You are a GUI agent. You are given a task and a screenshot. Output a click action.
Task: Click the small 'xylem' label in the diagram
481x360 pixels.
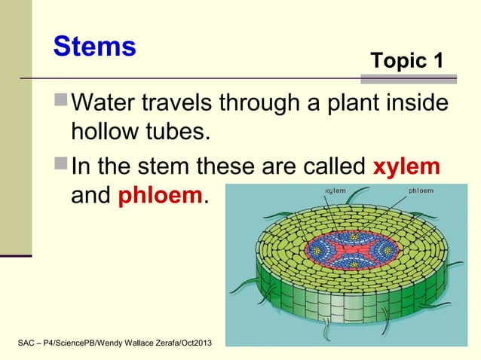click(x=335, y=191)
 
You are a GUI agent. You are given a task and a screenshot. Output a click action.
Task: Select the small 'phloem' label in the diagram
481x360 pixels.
click(x=420, y=191)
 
